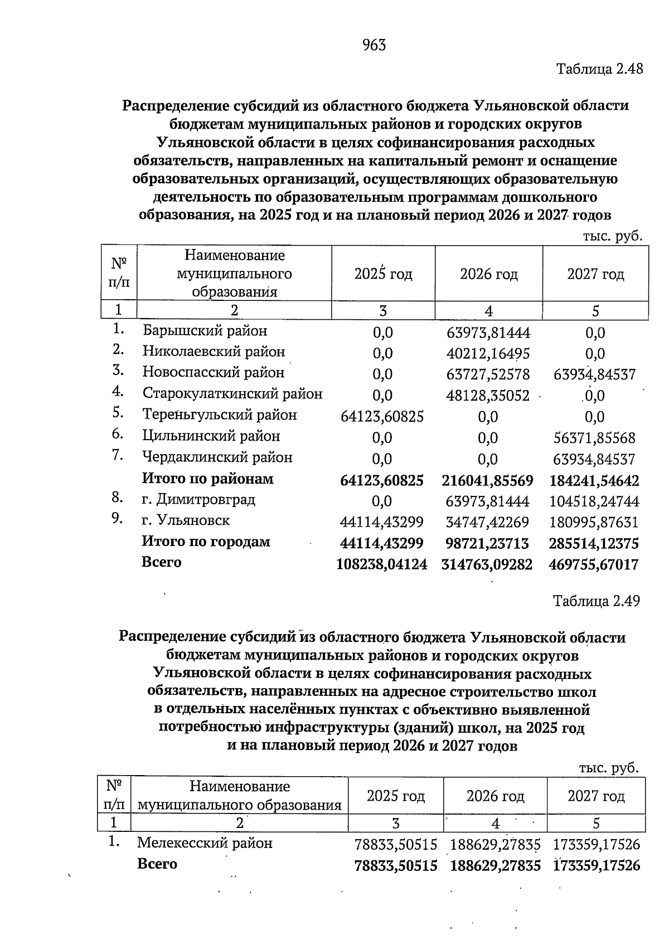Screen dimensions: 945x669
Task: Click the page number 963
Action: pyautogui.click(x=374, y=45)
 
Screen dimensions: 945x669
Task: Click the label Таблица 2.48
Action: pyautogui.click(x=599, y=69)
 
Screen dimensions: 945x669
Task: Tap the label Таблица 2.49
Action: pyautogui.click(x=596, y=601)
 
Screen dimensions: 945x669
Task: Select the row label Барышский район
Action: pyautogui.click(x=205, y=331)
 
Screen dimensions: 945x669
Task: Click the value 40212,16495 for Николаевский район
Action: pyautogui.click(x=488, y=354)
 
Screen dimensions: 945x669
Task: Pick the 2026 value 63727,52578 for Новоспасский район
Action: pyautogui.click(x=488, y=374)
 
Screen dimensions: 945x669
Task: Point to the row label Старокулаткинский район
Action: pyautogui.click(x=232, y=394)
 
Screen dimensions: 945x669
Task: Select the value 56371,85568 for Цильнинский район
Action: pyautogui.click(x=594, y=438)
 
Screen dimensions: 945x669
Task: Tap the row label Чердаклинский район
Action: pyautogui.click(x=217, y=457)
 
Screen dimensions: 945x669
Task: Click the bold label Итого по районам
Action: pyautogui.click(x=208, y=479)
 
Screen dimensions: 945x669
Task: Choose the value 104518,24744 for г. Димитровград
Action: pyautogui.click(x=594, y=501)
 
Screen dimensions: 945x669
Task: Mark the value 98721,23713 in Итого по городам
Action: pyautogui.click(x=488, y=543)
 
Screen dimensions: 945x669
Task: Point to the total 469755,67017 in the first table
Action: pyautogui.click(x=594, y=564)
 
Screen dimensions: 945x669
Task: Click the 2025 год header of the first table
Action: pyautogui.click(x=383, y=274)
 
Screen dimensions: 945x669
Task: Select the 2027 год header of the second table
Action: pyautogui.click(x=595, y=796)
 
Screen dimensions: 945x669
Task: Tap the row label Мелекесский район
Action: pyautogui.click(x=205, y=843)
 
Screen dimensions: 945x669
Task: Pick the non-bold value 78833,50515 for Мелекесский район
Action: pyautogui.click(x=396, y=845)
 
